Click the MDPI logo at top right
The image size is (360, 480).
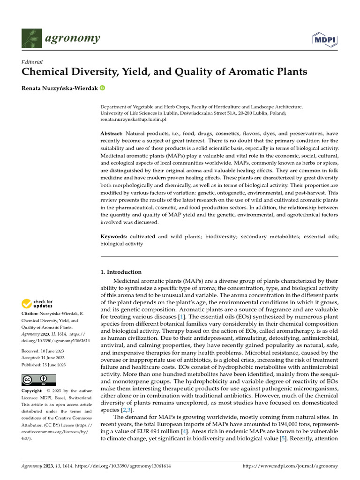(324, 39)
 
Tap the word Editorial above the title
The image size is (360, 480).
(32, 62)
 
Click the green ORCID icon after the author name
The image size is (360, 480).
(103, 88)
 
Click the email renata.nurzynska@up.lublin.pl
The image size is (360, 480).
(134, 120)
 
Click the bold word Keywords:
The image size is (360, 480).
(114, 237)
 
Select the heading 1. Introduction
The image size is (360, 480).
(121, 272)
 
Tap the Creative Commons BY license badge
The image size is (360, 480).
(38, 380)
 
